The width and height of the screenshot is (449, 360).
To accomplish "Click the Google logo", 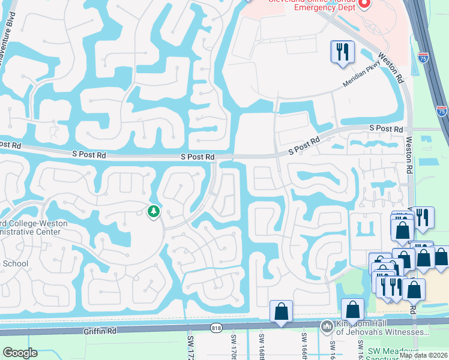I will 20,353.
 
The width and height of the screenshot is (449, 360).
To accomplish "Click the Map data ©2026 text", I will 423,355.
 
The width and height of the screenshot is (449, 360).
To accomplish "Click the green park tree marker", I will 154,211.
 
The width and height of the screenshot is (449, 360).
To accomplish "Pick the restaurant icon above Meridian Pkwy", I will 342,51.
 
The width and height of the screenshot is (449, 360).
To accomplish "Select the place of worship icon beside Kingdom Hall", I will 327,327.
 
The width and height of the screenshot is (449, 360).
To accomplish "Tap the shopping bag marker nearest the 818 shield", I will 281,311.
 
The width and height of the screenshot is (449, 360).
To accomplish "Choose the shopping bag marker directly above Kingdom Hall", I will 353,310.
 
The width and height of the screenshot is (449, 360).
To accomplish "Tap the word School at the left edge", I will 14,264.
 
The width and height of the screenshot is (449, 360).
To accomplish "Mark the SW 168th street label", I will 262,347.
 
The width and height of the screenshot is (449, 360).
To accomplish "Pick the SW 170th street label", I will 234,347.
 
